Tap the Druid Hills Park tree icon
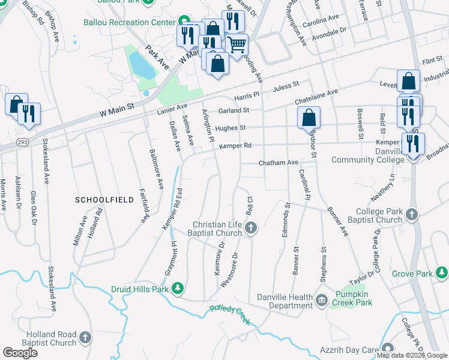178,290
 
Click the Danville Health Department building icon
321,298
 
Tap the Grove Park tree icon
442,274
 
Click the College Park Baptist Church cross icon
412,214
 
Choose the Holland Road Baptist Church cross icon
85,338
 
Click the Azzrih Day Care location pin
388,348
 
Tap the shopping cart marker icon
237,43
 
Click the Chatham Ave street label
278,163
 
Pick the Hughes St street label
231,128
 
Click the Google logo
20,353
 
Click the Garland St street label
234,110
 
